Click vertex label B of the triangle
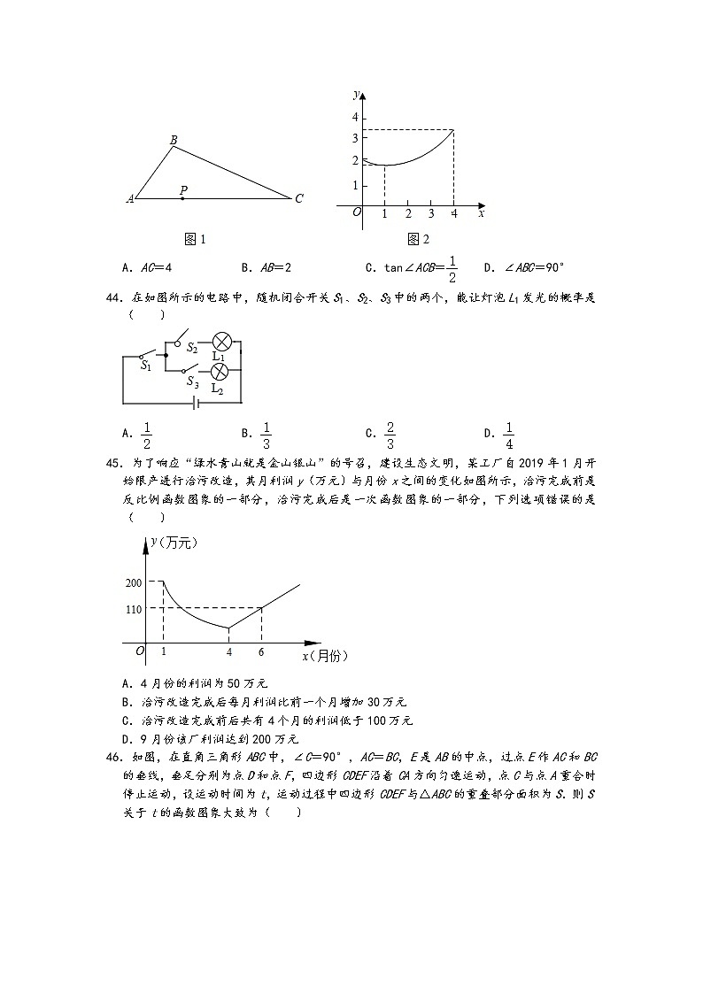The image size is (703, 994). click(173, 139)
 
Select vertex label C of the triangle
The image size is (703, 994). click(299, 199)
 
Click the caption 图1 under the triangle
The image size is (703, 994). click(195, 239)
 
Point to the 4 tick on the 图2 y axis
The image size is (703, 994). click(355, 118)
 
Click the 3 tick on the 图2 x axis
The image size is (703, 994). click(431, 213)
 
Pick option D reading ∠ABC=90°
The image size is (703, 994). click(524, 266)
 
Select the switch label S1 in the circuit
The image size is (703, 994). click(146, 365)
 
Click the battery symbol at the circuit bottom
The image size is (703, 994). click(197, 403)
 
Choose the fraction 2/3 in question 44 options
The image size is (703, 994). click(390, 433)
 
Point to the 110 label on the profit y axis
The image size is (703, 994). click(134, 609)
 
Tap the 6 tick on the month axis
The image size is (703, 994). click(261, 652)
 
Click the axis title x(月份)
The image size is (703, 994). click(325, 656)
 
